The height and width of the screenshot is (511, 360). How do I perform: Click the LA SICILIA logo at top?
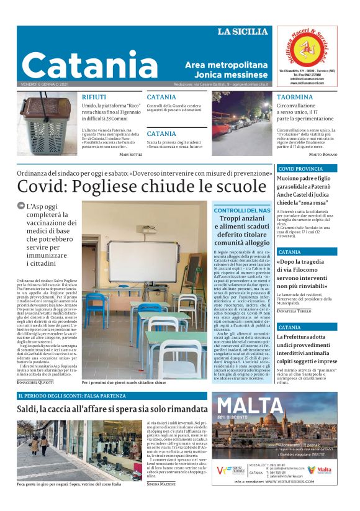point(243,32)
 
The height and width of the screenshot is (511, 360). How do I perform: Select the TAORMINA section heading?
point(294,97)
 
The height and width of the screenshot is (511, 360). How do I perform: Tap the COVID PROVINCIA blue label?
point(301,168)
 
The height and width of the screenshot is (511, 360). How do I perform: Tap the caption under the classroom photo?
point(124,382)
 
